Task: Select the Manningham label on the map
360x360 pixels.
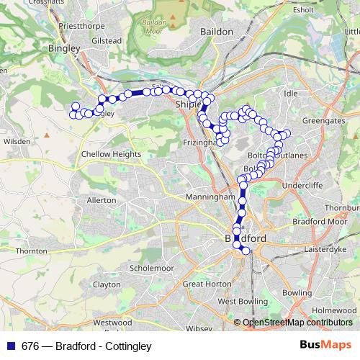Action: point(210,196)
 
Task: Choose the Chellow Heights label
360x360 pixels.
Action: point(112,154)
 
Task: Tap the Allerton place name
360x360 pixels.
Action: point(101,199)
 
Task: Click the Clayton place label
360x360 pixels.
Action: point(107,285)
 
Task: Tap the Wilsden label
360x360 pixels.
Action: point(16,142)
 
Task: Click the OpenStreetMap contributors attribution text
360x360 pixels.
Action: point(298,323)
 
